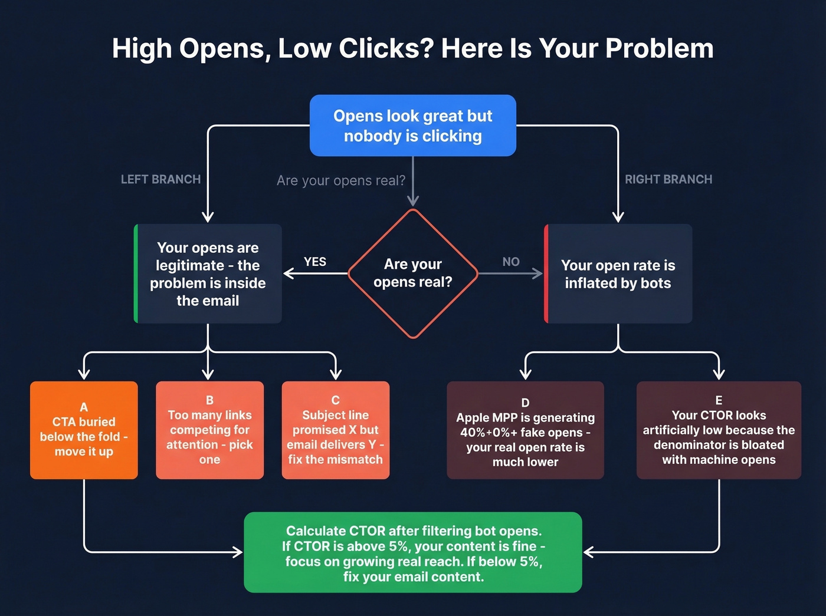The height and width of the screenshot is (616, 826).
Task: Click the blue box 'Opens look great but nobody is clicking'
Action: [x=413, y=126]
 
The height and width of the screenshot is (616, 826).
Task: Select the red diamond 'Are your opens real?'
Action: [x=413, y=274]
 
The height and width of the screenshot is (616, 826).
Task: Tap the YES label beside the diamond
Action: [x=315, y=262]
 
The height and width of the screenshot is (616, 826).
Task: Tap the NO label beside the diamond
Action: [x=511, y=262]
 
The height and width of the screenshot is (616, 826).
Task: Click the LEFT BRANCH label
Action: [x=160, y=179]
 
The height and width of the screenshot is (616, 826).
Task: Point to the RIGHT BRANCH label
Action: [x=668, y=179]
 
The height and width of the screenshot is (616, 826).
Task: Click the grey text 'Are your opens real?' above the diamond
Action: [x=341, y=180]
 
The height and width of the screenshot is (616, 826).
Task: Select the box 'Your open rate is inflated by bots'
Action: [x=618, y=274]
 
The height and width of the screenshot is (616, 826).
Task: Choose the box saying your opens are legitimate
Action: [x=208, y=274]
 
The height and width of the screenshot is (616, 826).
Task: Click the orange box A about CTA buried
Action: [x=84, y=430]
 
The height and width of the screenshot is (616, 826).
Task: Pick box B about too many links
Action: [x=209, y=430]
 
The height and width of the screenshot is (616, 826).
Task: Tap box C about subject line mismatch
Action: [x=336, y=430]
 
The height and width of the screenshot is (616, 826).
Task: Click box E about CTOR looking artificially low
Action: [x=719, y=430]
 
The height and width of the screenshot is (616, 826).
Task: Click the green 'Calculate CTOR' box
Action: [x=413, y=552]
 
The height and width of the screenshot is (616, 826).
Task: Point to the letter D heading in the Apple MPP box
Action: [x=525, y=403]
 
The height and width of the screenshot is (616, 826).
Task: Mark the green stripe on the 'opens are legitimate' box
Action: [x=136, y=274]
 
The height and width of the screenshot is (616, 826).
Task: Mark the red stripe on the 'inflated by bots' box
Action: [x=546, y=274]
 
